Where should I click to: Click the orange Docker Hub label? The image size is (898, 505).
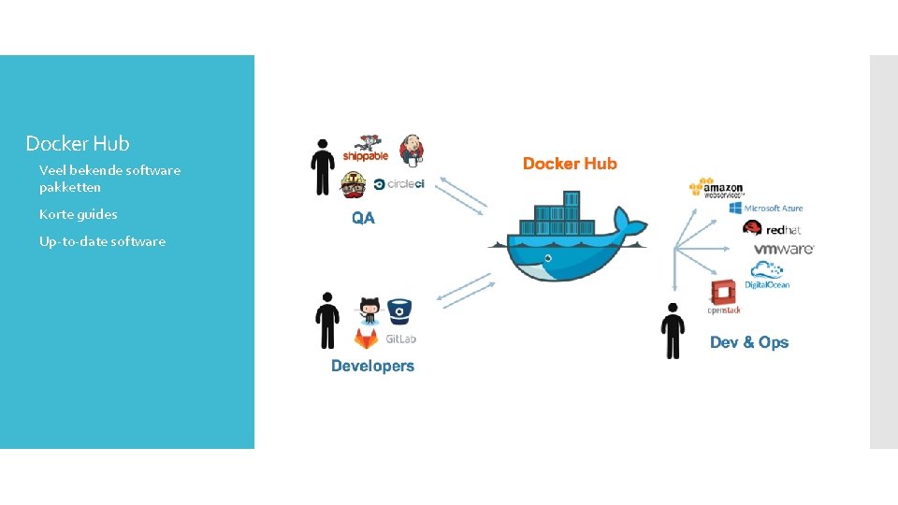pos(570,164)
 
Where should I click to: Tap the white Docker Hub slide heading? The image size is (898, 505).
pos(78,143)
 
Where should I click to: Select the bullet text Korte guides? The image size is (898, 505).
pos(79,214)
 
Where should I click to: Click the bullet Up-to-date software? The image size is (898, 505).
pos(102,241)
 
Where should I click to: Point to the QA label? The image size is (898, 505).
pos(363,218)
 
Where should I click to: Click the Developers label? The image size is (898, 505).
pos(372,366)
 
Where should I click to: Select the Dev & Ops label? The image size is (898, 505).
pos(748,342)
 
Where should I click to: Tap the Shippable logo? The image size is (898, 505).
pos(365,150)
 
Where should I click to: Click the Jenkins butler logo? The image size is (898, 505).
pos(411,148)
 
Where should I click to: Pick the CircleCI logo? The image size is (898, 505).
pos(398,183)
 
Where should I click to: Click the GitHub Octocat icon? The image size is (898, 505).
pos(369,310)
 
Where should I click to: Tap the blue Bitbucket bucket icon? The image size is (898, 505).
pos(400,310)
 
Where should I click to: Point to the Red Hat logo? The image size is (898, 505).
pos(772,228)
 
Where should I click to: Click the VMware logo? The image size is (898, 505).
pos(784,249)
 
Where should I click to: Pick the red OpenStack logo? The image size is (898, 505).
pos(724,296)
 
